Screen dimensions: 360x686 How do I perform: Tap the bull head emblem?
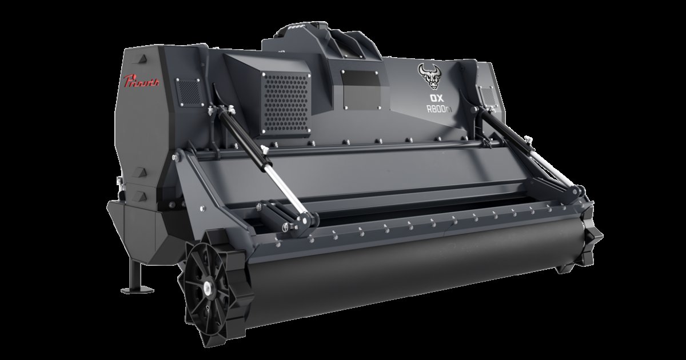429,78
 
